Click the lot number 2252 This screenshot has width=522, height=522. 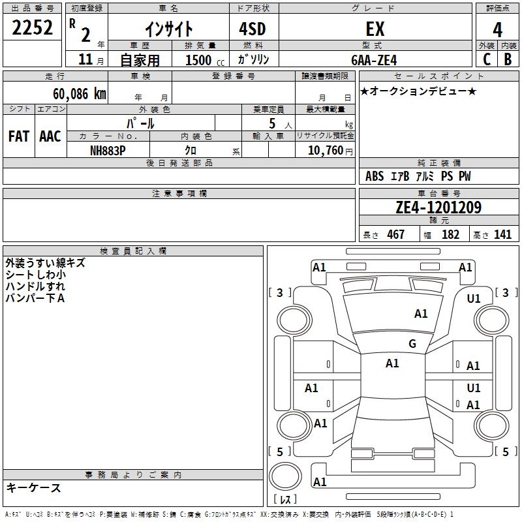click(32, 27)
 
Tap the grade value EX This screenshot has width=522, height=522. click(375, 29)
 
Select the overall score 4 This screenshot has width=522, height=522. click(497, 30)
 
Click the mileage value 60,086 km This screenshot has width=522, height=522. click(79, 93)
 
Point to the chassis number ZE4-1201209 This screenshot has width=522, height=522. click(438, 207)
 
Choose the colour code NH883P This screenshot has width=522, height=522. click(108, 151)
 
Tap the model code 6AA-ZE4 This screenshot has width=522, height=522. click(374, 60)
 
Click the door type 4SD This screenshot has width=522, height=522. click(253, 29)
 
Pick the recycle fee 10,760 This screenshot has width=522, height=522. click(326, 151)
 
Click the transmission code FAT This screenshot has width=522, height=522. click(19, 136)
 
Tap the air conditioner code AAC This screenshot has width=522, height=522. click(50, 136)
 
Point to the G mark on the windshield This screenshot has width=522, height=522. click(412, 343)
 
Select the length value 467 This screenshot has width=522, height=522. click(395, 234)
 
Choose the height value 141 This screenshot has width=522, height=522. click(502, 234)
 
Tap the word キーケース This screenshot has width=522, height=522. click(34, 487)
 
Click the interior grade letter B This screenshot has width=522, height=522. click(508, 59)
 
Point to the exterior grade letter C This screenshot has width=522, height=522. click(487, 59)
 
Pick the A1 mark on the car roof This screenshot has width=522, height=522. click(392, 363)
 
